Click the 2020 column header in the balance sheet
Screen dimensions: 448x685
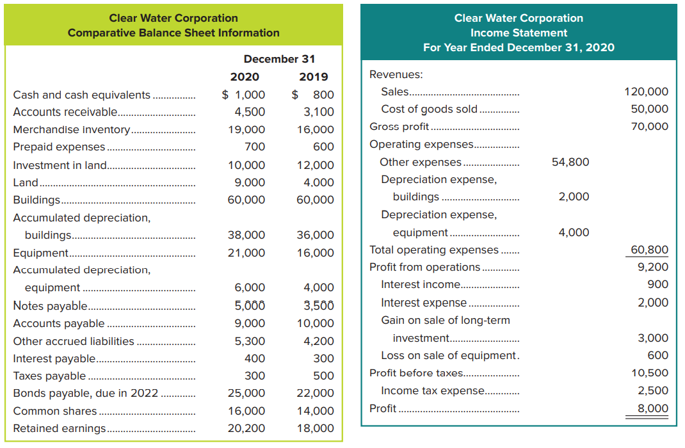point(245,77)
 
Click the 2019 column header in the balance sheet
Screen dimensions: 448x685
point(314,77)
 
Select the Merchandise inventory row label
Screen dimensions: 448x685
point(72,129)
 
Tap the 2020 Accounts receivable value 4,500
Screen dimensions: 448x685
point(250,112)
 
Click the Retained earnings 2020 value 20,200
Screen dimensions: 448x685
point(246,428)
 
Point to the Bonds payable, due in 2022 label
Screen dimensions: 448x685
point(86,393)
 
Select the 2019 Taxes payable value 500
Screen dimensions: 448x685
point(323,376)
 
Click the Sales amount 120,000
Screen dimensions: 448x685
point(646,92)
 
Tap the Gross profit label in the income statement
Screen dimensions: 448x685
point(399,127)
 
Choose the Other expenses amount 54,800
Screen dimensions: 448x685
point(570,162)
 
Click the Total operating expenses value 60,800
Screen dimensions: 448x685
point(649,250)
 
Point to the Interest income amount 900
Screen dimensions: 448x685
point(657,284)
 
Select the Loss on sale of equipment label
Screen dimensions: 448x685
point(448,355)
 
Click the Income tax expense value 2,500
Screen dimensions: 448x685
point(653,390)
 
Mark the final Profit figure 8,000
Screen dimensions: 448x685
point(653,408)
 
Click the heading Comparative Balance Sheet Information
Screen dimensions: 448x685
point(173,33)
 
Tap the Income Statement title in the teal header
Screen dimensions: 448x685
point(519,33)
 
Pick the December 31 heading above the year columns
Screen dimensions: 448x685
point(279,59)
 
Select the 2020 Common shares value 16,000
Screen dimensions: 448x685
point(246,411)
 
